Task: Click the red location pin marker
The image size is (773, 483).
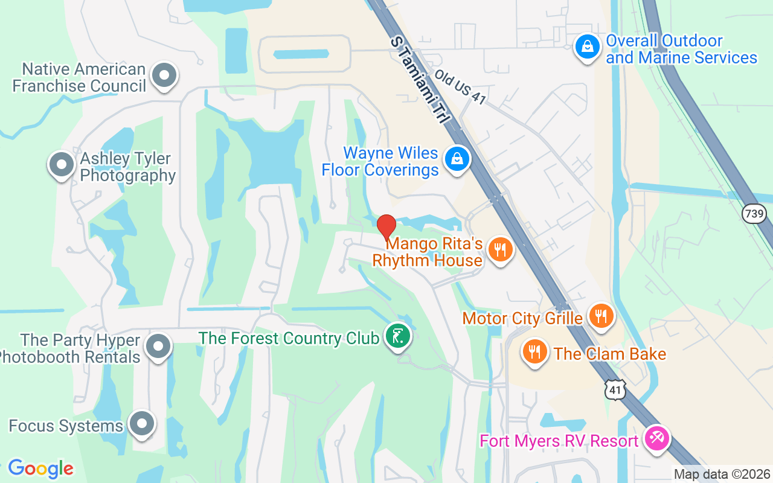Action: click(x=386, y=228)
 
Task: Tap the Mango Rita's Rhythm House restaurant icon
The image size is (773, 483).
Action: click(x=499, y=249)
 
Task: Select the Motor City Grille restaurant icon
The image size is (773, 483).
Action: click(x=600, y=316)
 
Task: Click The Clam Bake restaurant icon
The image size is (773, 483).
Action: click(x=534, y=352)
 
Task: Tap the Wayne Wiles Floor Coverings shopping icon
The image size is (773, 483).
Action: click(x=457, y=159)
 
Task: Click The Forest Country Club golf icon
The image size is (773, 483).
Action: click(x=398, y=336)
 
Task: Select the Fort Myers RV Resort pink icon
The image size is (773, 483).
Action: click(x=655, y=437)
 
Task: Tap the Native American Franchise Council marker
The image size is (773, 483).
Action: click(x=164, y=76)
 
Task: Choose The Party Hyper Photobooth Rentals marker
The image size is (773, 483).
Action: click(x=159, y=347)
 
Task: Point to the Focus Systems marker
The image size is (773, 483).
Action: click(x=143, y=424)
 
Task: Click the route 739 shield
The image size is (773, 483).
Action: click(x=754, y=213)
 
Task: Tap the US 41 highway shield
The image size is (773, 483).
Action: click(x=615, y=390)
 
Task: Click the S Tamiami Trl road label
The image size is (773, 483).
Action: click(x=422, y=80)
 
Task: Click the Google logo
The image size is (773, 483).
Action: click(x=40, y=469)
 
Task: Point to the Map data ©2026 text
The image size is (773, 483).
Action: click(x=722, y=474)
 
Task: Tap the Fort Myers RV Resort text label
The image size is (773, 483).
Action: click(x=559, y=441)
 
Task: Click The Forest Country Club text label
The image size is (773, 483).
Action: click(x=289, y=337)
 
